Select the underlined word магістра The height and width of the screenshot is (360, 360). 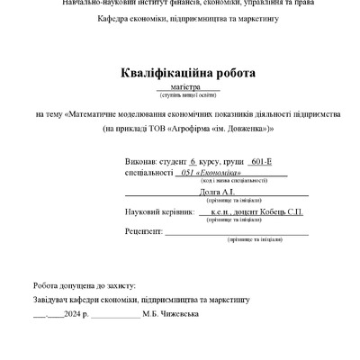[x=181, y=87]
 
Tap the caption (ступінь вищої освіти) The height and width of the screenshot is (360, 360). [x=181, y=95]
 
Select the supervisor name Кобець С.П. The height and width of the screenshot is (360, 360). [x=281, y=211]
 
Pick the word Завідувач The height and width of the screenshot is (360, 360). [x=52, y=298]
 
